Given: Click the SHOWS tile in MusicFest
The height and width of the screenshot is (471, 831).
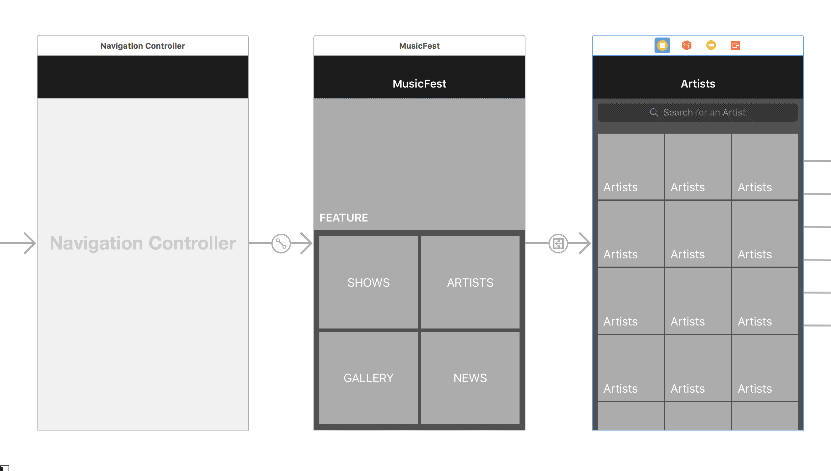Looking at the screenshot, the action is click(x=368, y=282).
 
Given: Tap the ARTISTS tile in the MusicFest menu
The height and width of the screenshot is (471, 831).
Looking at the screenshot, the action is click(x=470, y=282).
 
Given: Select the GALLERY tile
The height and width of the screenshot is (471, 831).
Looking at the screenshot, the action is click(x=368, y=378).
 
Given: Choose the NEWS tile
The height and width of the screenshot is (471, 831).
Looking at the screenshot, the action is click(x=470, y=378).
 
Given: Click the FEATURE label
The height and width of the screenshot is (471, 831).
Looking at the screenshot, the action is click(x=344, y=218).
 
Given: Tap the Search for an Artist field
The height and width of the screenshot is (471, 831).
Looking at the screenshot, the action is click(x=698, y=113).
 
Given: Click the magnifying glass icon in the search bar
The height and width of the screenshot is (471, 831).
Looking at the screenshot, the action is click(x=654, y=113).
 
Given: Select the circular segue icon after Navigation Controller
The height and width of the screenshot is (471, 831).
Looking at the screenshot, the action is click(x=281, y=244).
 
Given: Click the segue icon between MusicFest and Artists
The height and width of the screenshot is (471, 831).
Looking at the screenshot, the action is click(x=558, y=244).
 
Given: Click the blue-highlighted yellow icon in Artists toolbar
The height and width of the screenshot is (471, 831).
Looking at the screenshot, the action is click(x=662, y=45).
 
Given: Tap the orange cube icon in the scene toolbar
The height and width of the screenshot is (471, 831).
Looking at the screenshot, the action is click(x=686, y=45).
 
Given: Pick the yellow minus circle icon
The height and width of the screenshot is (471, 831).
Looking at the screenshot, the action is click(x=711, y=45).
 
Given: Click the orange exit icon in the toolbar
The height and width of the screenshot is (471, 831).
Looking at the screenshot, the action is click(x=736, y=45).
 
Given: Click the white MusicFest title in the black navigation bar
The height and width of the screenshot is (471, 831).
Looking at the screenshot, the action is click(x=419, y=84).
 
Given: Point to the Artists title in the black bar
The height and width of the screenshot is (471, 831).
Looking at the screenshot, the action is click(x=698, y=84).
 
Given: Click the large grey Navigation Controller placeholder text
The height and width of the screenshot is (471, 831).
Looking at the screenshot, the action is click(x=143, y=243).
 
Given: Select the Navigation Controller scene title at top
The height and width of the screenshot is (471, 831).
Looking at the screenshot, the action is click(x=143, y=46).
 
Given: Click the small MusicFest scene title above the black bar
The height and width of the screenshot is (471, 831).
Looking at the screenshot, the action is click(x=419, y=46).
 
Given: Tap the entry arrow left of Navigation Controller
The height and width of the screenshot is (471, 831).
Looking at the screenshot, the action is click(x=18, y=243).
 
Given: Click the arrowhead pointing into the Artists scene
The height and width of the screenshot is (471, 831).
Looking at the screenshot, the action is click(x=585, y=243).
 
